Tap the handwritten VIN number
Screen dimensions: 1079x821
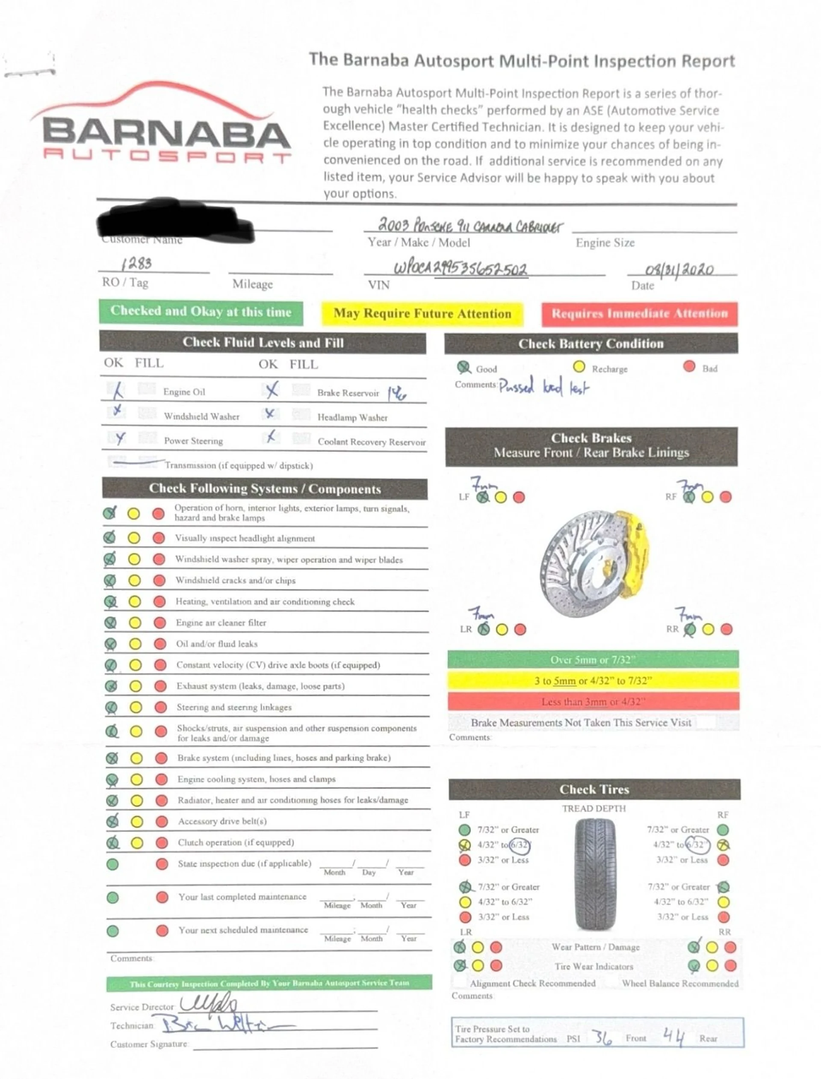[461, 268]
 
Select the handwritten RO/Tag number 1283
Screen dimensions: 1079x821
[136, 264]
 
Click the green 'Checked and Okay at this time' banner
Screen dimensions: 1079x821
[201, 311]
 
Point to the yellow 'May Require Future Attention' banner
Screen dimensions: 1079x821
[422, 313]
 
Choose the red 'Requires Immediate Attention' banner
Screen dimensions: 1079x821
[639, 313]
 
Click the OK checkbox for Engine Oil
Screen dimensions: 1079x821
[116, 390]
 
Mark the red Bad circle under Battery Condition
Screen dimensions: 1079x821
[689, 366]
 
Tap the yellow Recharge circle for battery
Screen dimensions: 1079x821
[579, 367]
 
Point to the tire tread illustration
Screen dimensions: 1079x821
[594, 874]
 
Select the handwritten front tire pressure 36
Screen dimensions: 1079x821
[602, 1037]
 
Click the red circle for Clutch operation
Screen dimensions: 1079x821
[162, 843]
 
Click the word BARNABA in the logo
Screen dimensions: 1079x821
[166, 133]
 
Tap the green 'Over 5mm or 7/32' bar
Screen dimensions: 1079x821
[593, 660]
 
